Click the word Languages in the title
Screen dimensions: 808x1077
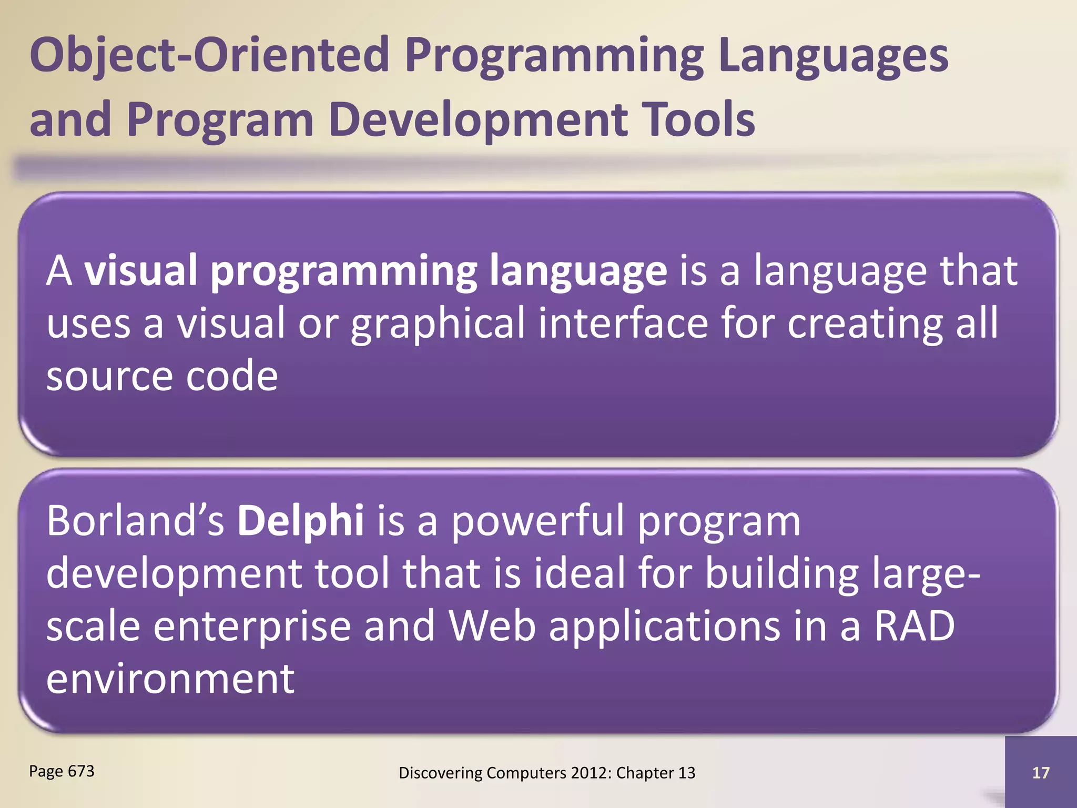832,55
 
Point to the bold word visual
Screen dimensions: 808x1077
140,270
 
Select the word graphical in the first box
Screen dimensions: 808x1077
438,323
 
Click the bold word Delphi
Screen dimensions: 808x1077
300,521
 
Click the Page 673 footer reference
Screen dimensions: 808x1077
62,771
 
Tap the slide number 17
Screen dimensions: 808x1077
1040,773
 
